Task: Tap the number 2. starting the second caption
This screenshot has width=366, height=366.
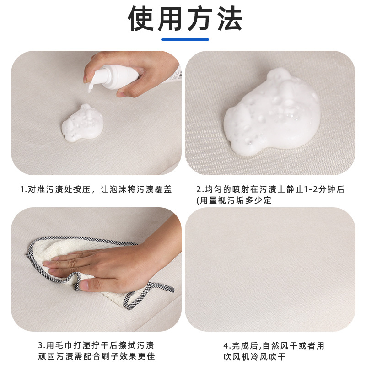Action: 199,189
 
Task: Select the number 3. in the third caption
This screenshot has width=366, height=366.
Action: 41,345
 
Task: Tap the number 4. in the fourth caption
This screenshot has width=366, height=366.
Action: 226,345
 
